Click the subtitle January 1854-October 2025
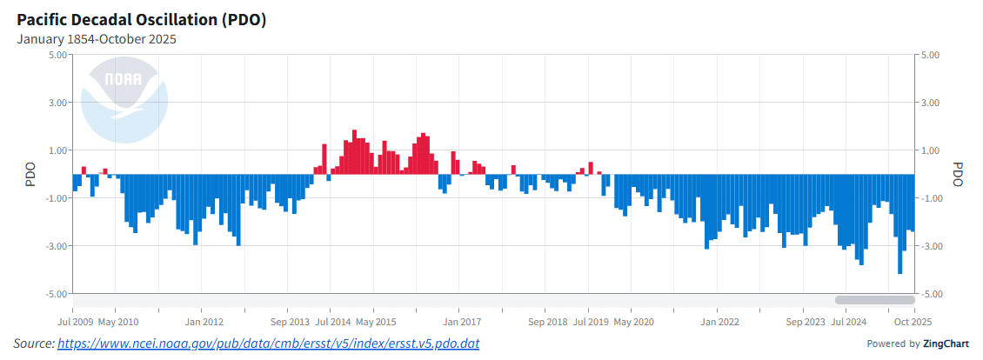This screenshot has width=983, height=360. pos(97,39)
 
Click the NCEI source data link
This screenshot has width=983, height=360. pos(268,344)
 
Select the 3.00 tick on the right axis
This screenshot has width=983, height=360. pos(929,103)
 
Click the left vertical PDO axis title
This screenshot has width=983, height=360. pos(30,174)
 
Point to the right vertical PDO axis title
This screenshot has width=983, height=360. pos(958,174)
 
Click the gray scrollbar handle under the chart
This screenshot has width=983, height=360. pos(862,300)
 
